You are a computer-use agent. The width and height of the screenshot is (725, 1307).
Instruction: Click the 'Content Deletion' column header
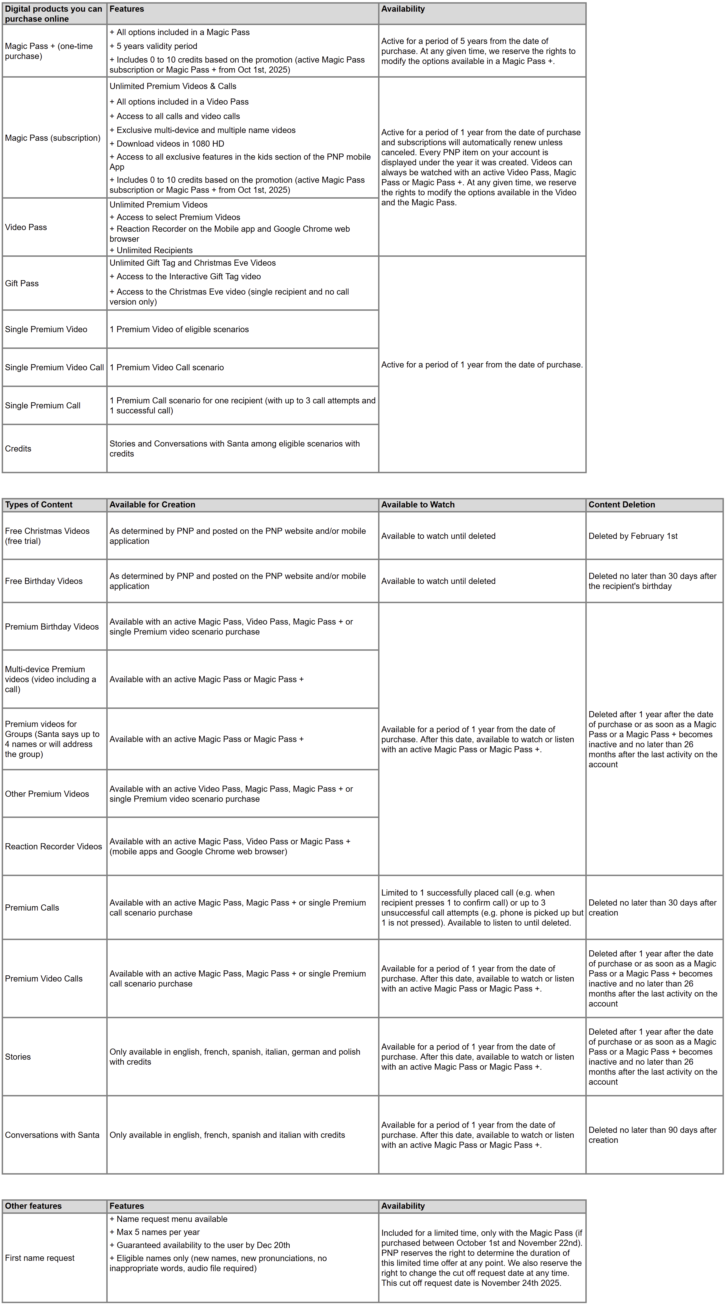tap(622, 504)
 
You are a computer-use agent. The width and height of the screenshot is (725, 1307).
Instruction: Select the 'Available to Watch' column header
tap(418, 504)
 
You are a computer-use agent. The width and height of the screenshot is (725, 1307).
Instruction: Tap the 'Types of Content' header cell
tap(39, 504)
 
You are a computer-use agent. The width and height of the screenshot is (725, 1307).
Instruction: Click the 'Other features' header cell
tap(33, 1205)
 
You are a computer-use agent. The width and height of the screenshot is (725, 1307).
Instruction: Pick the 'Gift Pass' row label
tap(22, 283)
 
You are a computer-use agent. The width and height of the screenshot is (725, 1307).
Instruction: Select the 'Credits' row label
tap(18, 448)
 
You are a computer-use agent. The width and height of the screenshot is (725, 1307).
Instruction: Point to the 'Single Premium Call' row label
tap(43, 405)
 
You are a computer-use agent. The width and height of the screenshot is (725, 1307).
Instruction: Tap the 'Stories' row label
tap(18, 1056)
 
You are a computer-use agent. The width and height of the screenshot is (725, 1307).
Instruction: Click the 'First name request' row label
tap(40, 1258)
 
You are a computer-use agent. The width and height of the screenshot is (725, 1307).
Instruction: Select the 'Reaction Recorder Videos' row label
tap(53, 846)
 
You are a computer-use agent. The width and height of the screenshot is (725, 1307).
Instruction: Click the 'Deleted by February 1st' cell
tap(633, 536)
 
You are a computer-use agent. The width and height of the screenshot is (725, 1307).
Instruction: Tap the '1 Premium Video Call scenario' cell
tap(166, 367)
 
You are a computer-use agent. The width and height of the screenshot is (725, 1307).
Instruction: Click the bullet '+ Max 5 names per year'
tap(155, 1232)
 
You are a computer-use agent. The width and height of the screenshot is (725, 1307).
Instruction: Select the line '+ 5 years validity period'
tap(153, 46)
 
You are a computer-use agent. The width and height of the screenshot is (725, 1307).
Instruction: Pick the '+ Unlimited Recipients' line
tap(151, 250)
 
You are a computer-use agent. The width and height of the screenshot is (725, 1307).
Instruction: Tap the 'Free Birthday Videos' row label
tap(44, 581)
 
